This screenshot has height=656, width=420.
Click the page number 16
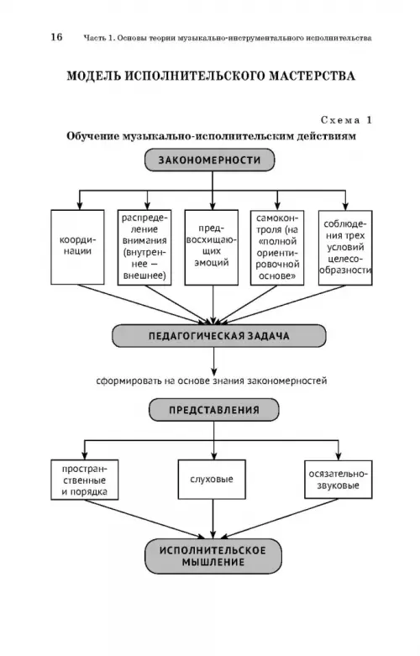pyautogui.click(x=56, y=37)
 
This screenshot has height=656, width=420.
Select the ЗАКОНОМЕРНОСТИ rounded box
pyautogui.click(x=210, y=160)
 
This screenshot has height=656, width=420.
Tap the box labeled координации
pyautogui.click(x=77, y=247)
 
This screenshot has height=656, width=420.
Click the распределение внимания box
pyautogui.click(x=144, y=247)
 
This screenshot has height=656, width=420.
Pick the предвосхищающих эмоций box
pyautogui.click(x=212, y=247)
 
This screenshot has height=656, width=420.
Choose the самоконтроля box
pyautogui.click(x=277, y=247)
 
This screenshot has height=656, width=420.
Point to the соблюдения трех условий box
pyautogui.click(x=345, y=247)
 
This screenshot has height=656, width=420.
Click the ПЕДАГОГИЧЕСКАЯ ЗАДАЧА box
pyautogui.click(x=218, y=336)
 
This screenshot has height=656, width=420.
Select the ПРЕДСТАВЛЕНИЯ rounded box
pyautogui.click(x=213, y=410)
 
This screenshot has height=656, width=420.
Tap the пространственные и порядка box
pyautogui.click(x=85, y=480)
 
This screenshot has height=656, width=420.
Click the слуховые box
pyautogui.click(x=212, y=480)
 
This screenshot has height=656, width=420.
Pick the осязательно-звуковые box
pyautogui.click(x=338, y=480)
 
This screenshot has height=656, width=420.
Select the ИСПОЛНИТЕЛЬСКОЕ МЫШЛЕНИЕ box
pyautogui.click(x=213, y=556)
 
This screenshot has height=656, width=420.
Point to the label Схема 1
pyautogui.click(x=346, y=120)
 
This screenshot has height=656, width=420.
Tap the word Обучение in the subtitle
pyautogui.click(x=92, y=136)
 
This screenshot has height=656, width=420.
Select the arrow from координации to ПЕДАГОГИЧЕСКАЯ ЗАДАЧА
pyautogui.click(x=142, y=305)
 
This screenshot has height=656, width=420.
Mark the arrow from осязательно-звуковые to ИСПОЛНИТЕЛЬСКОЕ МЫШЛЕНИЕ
pyautogui.click(x=280, y=519)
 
